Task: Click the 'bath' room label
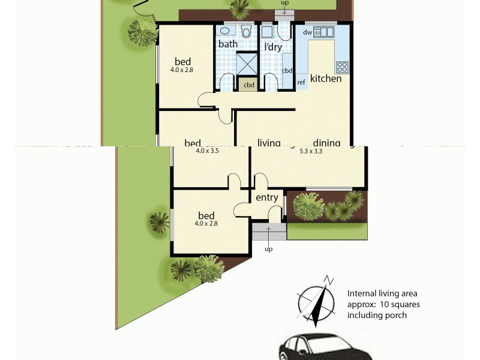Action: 228,44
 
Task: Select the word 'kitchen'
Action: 326,79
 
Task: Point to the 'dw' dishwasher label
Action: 307,32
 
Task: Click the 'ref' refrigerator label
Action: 301,82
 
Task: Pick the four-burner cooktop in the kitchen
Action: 342,67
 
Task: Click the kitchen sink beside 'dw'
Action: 326,32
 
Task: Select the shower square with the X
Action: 247,64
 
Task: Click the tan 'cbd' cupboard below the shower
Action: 249,85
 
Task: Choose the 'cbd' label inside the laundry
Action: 287,71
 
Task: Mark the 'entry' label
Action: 267,198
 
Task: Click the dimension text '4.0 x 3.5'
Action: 208,151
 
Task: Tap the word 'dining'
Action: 326,143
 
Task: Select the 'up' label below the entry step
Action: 268,249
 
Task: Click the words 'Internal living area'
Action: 382,293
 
